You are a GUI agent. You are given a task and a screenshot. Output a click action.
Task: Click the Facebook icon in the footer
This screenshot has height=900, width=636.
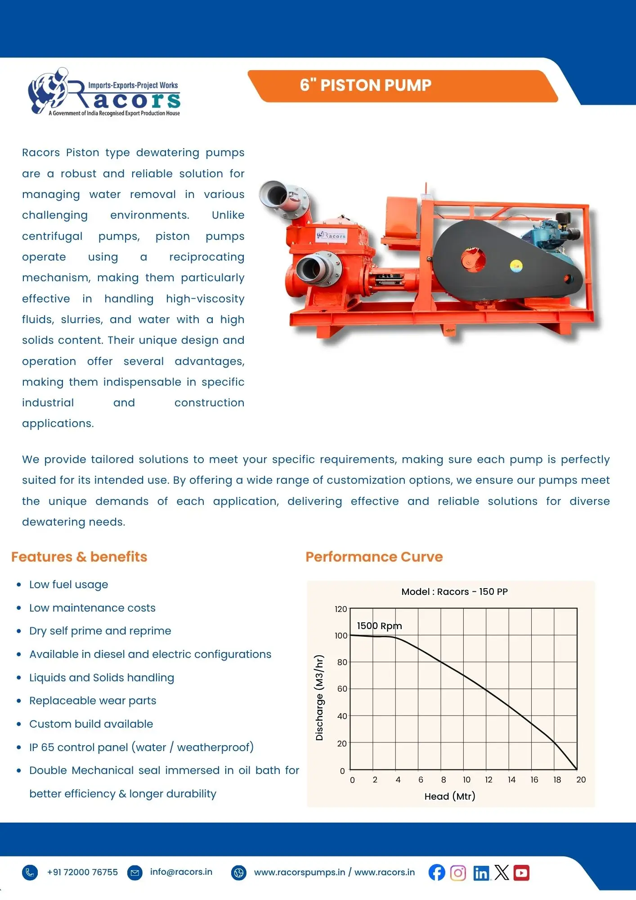436,873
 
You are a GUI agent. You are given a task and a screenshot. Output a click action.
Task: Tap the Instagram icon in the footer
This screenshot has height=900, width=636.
458,873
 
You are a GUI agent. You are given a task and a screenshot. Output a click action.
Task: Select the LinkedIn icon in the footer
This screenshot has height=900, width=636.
481,873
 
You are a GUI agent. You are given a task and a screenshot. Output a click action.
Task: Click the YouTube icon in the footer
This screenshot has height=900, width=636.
521,873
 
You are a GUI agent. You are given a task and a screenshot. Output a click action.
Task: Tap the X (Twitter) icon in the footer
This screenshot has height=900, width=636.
502,873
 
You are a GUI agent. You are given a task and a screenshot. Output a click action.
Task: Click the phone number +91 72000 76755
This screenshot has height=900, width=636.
82,872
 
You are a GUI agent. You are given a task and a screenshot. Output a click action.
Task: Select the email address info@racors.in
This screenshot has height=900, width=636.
181,872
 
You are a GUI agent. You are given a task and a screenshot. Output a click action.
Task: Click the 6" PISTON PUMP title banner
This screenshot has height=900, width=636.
365,85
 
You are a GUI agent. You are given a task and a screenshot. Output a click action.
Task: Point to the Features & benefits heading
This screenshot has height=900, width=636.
79,557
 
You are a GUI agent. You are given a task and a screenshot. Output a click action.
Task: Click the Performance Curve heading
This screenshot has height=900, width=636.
374,557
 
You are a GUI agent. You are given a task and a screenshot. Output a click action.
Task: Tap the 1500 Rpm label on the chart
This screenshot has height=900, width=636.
379,625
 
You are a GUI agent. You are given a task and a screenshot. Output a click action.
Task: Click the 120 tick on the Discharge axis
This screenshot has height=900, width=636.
340,609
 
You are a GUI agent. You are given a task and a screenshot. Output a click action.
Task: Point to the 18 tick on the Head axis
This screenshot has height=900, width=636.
557,779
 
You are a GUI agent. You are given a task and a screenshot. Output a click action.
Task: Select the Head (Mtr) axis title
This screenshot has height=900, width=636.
449,796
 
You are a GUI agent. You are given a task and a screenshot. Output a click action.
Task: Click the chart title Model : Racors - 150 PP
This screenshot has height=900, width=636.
454,591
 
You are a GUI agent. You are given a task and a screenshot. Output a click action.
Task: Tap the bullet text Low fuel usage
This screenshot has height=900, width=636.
68,584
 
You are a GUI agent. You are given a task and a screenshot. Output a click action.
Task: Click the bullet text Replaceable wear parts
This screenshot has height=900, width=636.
93,700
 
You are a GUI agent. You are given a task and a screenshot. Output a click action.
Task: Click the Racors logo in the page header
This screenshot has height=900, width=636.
104,92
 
